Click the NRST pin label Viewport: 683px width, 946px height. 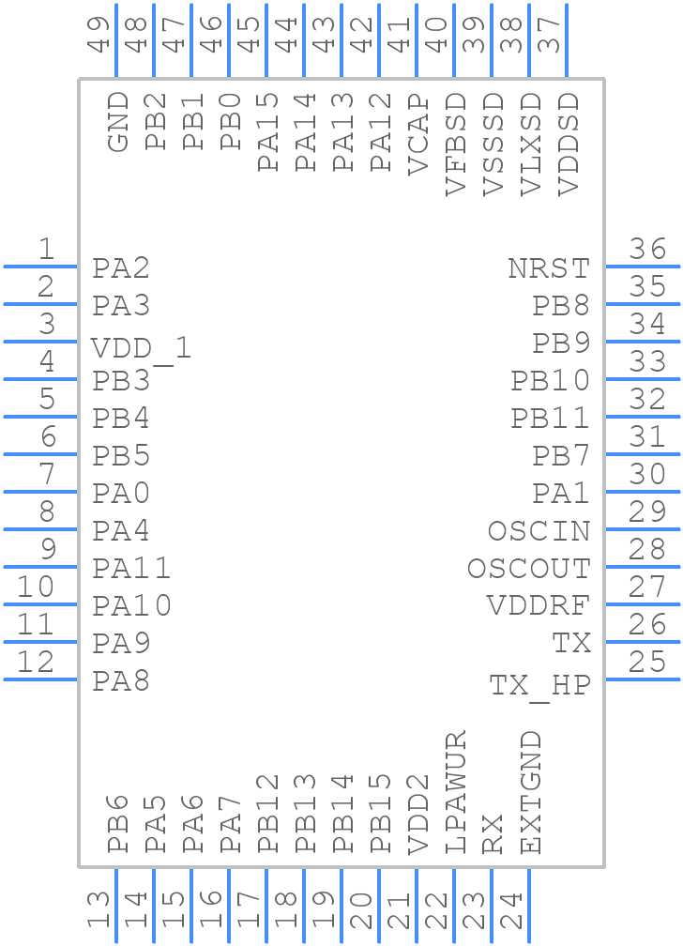549,268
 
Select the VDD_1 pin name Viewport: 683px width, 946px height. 142,349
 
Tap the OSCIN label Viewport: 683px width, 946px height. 539,531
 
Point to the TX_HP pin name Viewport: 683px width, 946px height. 540,686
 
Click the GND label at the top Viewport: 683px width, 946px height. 118,122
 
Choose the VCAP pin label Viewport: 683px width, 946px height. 418,136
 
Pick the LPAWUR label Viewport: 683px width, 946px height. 456,792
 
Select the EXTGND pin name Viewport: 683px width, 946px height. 531,792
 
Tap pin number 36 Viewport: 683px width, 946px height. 647,250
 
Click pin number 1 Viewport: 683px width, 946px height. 45,250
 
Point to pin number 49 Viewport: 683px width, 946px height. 99,34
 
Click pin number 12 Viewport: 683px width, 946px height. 36,663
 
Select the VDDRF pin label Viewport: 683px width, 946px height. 539,606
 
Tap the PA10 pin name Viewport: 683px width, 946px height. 131,606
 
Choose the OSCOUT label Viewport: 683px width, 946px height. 529,569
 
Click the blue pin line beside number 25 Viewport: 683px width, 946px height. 642,679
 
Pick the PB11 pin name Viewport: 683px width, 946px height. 551,419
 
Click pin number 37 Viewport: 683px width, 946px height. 550,34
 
